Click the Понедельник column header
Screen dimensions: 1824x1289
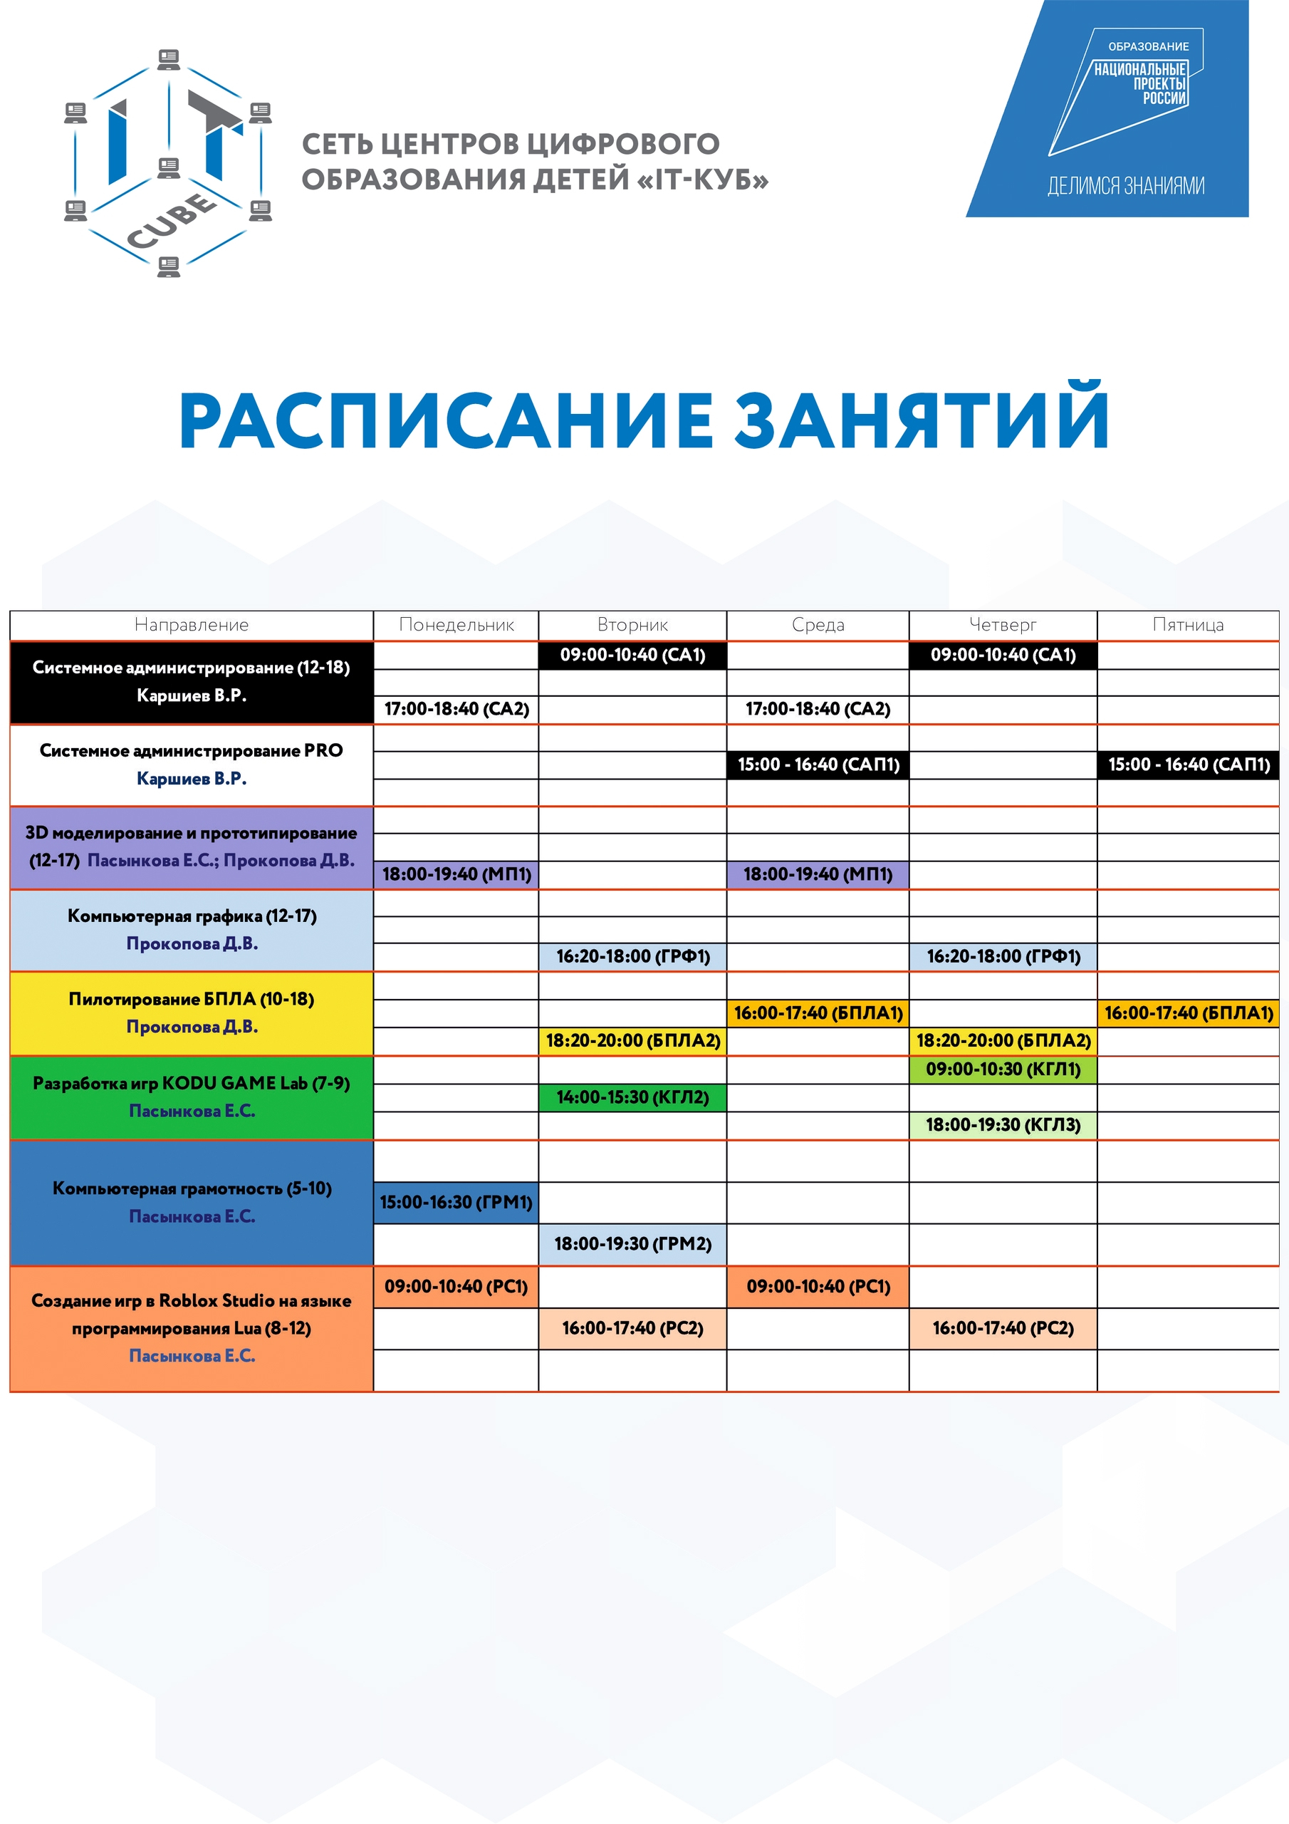point(456,625)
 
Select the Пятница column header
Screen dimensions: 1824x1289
point(1187,625)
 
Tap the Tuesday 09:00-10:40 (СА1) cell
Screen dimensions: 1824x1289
point(632,655)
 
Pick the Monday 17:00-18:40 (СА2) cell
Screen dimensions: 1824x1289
point(456,709)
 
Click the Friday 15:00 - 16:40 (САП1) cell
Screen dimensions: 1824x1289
point(1188,765)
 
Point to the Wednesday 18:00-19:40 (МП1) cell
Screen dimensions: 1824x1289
point(818,874)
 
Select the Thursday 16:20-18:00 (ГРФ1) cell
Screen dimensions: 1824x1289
point(1003,955)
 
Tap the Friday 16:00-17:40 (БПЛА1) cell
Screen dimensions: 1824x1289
point(1188,1013)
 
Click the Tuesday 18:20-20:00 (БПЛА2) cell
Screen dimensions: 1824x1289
point(632,1041)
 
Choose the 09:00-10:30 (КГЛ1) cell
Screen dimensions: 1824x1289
point(1003,1069)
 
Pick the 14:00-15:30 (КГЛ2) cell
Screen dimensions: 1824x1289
point(632,1097)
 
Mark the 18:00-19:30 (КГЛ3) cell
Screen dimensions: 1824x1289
point(1003,1125)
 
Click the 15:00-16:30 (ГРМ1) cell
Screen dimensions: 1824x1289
point(456,1202)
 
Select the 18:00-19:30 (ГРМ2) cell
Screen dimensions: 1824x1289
point(632,1243)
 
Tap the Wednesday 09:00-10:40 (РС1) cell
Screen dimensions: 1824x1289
point(818,1286)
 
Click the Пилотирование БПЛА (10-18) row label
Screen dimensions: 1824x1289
point(192,1000)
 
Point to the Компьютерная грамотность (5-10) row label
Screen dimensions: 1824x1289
point(192,1188)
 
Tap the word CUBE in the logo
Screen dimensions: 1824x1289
point(172,220)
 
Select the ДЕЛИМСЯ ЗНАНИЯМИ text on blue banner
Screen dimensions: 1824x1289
point(1125,186)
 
